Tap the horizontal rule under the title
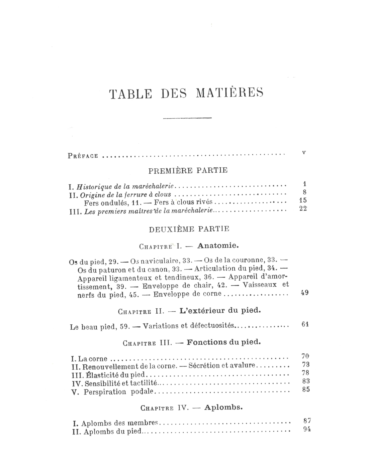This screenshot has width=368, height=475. [x=187, y=118]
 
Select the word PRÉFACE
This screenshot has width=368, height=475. [x=83, y=156]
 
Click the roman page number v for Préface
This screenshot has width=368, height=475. [x=304, y=152]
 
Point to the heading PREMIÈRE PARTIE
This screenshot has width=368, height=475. [x=188, y=170]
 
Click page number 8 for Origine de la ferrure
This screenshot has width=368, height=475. [x=304, y=192]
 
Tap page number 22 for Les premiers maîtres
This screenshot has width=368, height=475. [x=303, y=209]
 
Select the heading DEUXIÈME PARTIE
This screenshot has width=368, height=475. [x=189, y=229]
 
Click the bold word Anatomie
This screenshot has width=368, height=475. [x=218, y=246]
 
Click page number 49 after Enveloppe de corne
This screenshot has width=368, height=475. [x=304, y=293]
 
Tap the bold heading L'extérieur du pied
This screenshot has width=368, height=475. [x=220, y=310]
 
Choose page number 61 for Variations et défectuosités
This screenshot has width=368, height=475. [x=304, y=324]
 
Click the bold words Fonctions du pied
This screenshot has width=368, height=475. [x=223, y=342]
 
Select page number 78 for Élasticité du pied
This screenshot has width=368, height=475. [x=305, y=372]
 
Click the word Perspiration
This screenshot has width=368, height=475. [x=105, y=392]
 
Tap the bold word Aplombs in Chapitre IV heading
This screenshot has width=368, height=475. [x=223, y=407]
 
